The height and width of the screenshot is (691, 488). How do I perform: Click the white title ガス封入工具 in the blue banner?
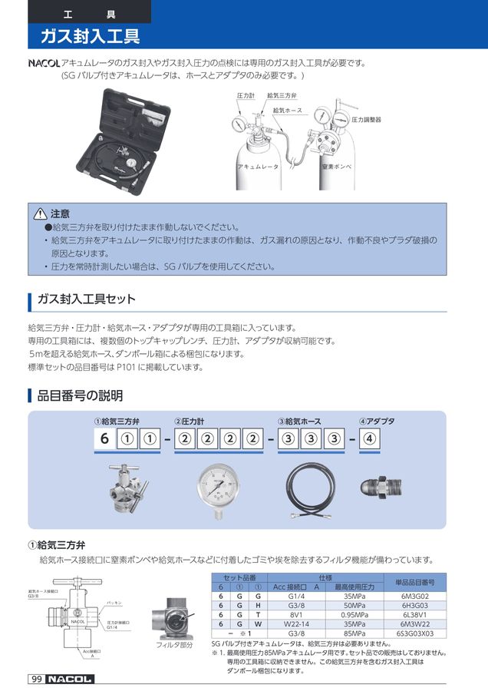click(90, 36)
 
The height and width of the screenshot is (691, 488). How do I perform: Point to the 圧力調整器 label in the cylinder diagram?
click(366, 121)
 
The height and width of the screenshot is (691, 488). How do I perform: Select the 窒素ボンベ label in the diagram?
click(337, 166)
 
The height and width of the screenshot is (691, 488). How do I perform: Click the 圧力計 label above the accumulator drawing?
click(246, 95)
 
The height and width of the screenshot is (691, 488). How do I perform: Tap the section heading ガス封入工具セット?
click(86, 299)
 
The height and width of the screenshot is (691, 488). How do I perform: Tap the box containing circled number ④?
click(369, 440)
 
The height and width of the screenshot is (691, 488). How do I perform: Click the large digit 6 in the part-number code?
click(104, 440)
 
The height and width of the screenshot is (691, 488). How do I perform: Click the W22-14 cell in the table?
click(295, 624)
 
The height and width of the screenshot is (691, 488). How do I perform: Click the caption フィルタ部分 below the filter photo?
click(173, 645)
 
